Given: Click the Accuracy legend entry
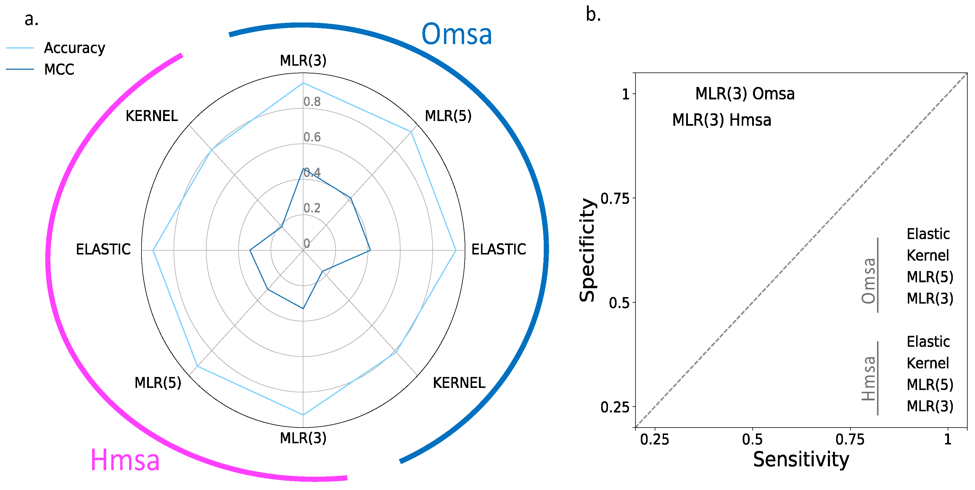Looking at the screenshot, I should click(x=74, y=48).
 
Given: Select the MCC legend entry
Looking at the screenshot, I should click(x=59, y=70).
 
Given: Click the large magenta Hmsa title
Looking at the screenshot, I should click(x=125, y=460).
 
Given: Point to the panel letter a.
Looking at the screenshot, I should click(x=31, y=19).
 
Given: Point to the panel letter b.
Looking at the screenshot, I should click(x=593, y=15).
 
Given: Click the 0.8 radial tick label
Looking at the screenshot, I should click(x=312, y=102).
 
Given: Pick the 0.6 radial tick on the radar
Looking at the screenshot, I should click(x=312, y=137).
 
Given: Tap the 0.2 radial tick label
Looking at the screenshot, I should click(x=312, y=208).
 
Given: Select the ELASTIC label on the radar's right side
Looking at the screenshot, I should click(x=498, y=249).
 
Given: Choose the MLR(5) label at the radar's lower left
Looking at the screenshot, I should click(x=158, y=383).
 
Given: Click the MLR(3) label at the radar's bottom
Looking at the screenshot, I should click(x=303, y=438).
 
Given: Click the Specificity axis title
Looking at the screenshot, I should click(x=587, y=250).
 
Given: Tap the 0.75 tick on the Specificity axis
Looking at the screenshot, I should click(x=615, y=198).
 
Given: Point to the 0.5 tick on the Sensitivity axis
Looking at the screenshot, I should click(x=752, y=440).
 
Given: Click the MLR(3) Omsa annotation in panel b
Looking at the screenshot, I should click(x=745, y=94).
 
